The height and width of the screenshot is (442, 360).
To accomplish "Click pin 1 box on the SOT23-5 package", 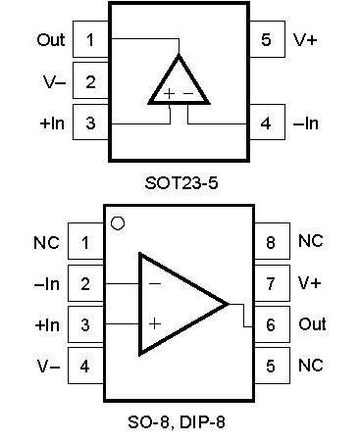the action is [90, 39].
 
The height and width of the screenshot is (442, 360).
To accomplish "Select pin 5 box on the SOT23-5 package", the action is [267, 39].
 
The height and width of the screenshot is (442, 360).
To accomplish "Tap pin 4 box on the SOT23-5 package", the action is [267, 123].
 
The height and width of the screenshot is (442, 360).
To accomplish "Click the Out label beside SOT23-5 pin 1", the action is [51, 40].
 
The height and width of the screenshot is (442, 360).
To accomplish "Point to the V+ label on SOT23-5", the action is [305, 40].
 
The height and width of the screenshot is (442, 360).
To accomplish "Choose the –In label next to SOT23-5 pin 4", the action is [306, 123].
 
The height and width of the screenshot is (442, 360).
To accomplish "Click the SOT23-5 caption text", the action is [181, 182].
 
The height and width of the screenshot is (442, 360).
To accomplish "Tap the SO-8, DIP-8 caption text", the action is [177, 421].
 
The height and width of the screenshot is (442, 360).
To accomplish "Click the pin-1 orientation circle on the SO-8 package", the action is [118, 223].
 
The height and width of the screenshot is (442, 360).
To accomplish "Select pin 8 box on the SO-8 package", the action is [272, 241].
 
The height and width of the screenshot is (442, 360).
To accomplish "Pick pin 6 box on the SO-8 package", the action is [272, 324].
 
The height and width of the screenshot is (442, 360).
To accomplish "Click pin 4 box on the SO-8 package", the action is [85, 366].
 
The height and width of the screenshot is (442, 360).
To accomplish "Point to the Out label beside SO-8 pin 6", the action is [312, 324].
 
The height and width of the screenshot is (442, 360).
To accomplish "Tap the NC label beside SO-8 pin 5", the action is [311, 366].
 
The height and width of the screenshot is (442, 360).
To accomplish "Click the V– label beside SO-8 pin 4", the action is [48, 366].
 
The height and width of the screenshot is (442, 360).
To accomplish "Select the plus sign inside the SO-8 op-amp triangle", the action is [155, 323].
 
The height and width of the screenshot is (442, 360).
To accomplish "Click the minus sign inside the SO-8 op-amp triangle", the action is [155, 283].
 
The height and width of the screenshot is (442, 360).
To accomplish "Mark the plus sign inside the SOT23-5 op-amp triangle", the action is [169, 94].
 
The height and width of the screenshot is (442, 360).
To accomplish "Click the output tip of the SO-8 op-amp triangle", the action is [228, 304].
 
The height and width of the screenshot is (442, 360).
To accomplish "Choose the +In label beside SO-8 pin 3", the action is [47, 325].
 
